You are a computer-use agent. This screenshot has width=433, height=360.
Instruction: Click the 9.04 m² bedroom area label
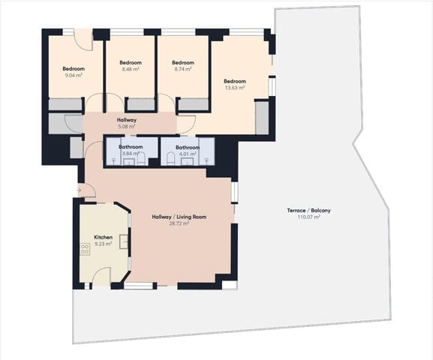(74, 76)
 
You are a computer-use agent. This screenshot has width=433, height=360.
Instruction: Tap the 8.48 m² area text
(131, 68)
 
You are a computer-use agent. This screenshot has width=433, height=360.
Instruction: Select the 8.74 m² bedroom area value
(182, 68)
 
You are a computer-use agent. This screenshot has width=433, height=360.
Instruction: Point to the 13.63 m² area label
(234, 87)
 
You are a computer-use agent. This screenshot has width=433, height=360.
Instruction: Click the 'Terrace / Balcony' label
(308, 210)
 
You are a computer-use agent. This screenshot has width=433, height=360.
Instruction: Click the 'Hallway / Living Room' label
(179, 217)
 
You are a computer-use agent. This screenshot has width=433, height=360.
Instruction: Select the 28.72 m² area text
(179, 223)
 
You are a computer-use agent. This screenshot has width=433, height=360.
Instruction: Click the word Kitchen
(103, 237)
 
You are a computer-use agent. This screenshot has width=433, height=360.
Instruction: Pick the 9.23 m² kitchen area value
(103, 243)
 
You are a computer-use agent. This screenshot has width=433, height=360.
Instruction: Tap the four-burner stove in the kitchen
(85, 250)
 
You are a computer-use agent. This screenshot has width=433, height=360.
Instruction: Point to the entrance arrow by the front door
(79, 190)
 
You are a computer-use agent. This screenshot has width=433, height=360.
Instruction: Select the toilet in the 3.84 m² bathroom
(141, 157)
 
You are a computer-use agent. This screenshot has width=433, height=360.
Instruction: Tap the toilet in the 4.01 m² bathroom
(172, 157)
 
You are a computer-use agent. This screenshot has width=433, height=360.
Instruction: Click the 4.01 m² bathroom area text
(188, 154)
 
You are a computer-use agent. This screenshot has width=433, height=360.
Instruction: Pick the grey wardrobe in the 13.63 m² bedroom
(262, 118)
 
